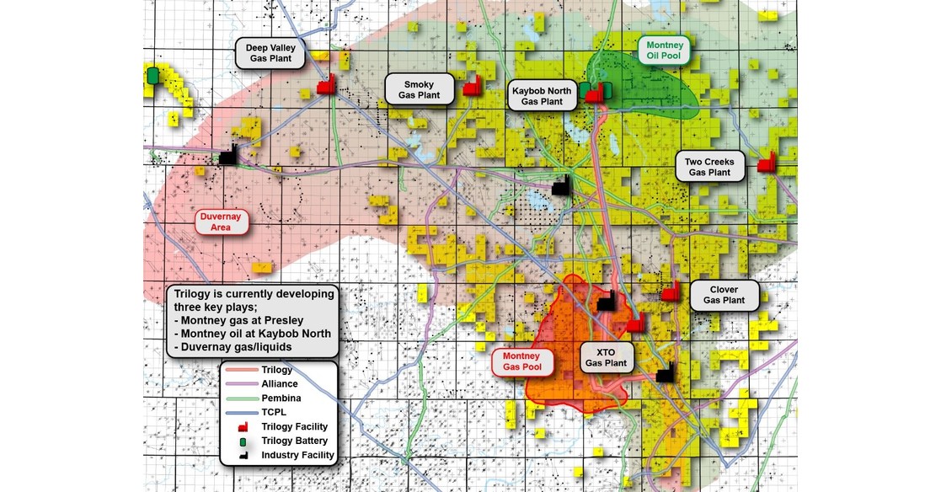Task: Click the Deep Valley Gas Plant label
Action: tap(270, 52)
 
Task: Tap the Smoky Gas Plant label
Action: tap(419, 89)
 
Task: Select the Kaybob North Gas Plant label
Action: tap(542, 95)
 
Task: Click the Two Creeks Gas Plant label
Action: tap(709, 166)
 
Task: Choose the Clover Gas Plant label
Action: tap(724, 294)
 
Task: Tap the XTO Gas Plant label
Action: tap(605, 357)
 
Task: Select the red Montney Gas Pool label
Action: tap(522, 361)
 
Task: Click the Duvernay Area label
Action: tap(222, 222)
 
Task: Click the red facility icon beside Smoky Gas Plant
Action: tap(473, 86)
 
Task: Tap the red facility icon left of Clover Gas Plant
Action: tap(671, 292)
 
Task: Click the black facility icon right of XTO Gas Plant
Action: tap(666, 372)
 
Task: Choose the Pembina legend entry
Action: tap(281, 397)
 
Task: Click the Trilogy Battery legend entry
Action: tap(293, 441)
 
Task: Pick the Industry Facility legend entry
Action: tap(297, 455)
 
